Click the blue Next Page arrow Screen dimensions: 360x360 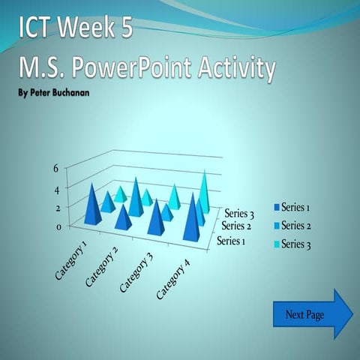click(x=311, y=313)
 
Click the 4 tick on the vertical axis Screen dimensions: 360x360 click(x=55, y=188)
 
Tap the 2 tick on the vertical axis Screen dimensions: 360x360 click(x=55, y=208)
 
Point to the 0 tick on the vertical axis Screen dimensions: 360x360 click(x=55, y=227)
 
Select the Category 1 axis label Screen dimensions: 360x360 click(x=73, y=260)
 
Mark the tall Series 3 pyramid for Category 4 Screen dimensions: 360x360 click(x=203, y=192)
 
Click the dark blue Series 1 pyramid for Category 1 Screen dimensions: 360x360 click(x=93, y=205)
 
